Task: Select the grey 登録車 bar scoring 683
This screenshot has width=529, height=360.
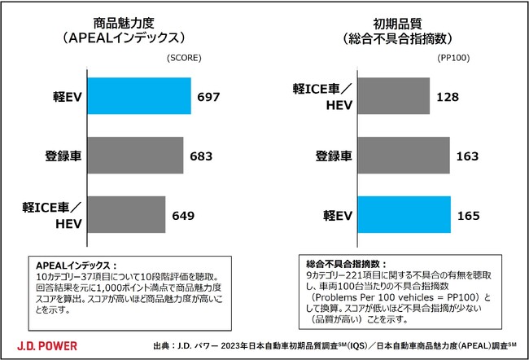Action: (x=135, y=156)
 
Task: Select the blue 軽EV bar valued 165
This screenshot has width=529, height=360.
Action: (x=404, y=216)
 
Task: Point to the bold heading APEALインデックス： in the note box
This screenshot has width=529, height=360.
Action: (x=75, y=266)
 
